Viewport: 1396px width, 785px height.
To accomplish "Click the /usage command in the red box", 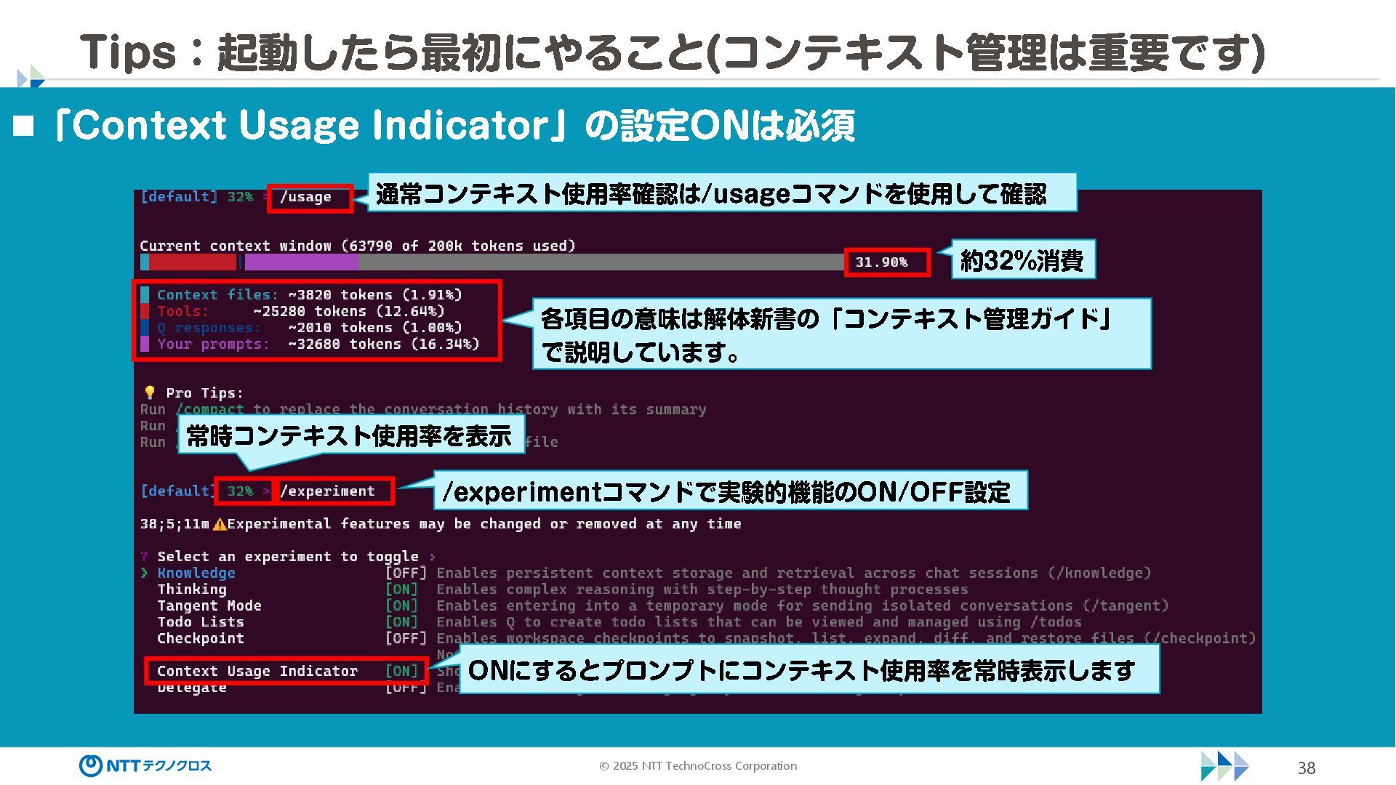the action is (306, 197).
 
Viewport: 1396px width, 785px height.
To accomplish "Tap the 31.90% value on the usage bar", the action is (881, 262).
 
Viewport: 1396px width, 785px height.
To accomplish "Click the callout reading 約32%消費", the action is (1022, 260).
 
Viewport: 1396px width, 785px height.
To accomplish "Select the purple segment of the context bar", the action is (300, 262).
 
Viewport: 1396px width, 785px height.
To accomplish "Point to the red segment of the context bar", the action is (193, 262).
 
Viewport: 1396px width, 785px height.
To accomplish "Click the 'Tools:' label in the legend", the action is (182, 311).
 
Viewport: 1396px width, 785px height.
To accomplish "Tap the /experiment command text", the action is (328, 491).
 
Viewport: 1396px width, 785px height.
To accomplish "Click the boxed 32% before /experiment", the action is (241, 491).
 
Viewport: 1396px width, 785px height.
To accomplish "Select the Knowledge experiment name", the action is (196, 573).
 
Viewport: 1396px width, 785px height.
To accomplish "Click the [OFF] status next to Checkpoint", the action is (406, 638).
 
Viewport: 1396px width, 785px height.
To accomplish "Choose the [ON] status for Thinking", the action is (402, 589).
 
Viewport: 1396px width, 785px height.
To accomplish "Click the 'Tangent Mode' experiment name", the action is (209, 605).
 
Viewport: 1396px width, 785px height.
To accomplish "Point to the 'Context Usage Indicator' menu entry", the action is (257, 671).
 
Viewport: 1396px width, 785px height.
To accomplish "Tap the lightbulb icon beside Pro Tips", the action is (150, 392).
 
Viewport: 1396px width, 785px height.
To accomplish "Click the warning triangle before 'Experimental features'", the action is (220, 524).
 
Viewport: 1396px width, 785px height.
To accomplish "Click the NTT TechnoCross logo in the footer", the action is (145, 765).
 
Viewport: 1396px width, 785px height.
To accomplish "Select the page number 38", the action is (1307, 768).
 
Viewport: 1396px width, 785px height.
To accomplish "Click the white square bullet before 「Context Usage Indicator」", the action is (23, 126).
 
